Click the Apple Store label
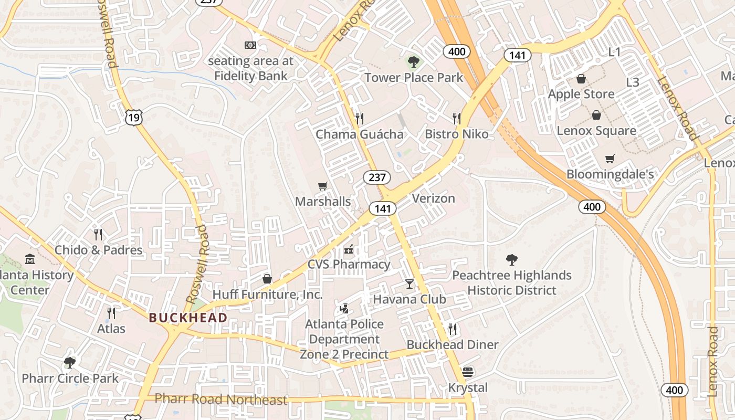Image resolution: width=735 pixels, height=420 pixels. [x=581, y=94]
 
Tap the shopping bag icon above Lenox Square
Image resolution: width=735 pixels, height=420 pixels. [x=596, y=115]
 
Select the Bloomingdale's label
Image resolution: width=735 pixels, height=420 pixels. [x=610, y=174]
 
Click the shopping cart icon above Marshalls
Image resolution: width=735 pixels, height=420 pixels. [x=323, y=186]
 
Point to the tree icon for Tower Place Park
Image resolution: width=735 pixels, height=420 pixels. [x=414, y=62]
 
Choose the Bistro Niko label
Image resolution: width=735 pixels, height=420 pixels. [x=456, y=134]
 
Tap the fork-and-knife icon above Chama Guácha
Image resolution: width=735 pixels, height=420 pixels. [x=359, y=118]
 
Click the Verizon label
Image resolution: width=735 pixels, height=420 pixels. [x=433, y=198]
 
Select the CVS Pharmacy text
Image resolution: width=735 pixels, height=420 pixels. [x=349, y=264]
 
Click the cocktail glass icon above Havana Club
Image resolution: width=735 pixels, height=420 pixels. [x=409, y=284]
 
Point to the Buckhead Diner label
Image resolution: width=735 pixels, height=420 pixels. [x=453, y=344]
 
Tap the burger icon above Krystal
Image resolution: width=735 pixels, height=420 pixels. [x=468, y=372]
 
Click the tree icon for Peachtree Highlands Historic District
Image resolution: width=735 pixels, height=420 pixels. [x=512, y=259]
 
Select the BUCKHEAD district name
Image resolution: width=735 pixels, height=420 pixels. [x=188, y=318]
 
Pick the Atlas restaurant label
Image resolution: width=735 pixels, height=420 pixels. [x=111, y=329]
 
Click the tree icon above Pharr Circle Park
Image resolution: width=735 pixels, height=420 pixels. [x=69, y=362]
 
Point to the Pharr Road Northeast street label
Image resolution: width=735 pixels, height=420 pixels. [x=222, y=400]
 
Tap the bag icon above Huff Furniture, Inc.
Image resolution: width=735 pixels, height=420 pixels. [x=267, y=279]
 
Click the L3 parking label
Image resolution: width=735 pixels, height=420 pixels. [x=633, y=82]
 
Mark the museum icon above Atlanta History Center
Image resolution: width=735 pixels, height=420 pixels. [x=30, y=259]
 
